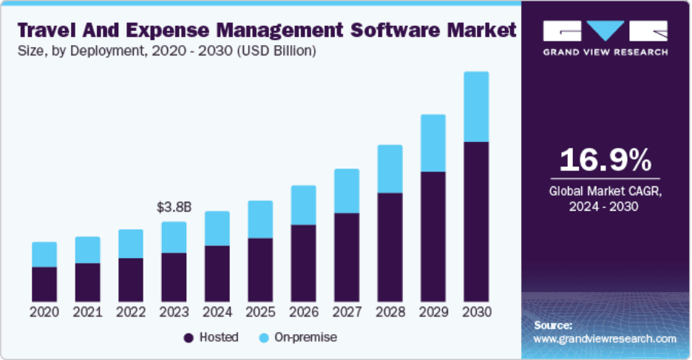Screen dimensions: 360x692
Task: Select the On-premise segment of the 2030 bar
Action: coord(475,106)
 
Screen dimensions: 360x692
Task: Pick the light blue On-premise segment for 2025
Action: coord(259,219)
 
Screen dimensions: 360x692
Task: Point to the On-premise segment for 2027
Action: coord(346,191)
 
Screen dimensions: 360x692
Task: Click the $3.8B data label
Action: coord(174,208)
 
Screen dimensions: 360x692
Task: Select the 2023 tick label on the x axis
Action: coord(174,312)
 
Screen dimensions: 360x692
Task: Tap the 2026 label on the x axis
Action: coord(303,312)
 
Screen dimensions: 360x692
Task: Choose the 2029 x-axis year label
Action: coord(432,312)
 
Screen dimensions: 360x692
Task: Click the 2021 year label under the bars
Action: coord(87,312)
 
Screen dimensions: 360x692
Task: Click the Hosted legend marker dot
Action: coord(189,338)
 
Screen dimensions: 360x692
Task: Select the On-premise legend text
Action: coord(305,337)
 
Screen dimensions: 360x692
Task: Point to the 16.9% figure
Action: coord(605,160)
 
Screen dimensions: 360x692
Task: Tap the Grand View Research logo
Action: coord(605,38)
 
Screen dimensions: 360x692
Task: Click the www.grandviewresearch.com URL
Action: coord(605,339)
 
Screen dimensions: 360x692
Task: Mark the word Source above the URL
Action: coord(552,325)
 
